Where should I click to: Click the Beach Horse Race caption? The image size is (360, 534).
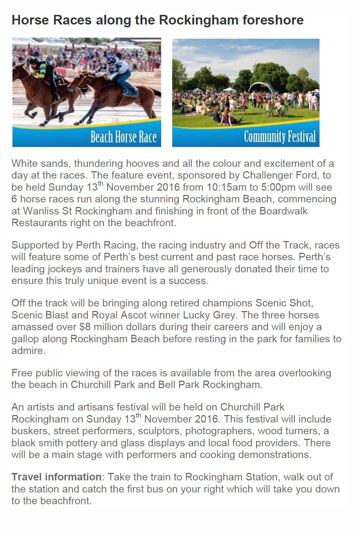coord(123,137)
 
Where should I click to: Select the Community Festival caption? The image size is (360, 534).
coord(279,137)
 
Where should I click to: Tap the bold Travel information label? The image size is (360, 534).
coord(56,477)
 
